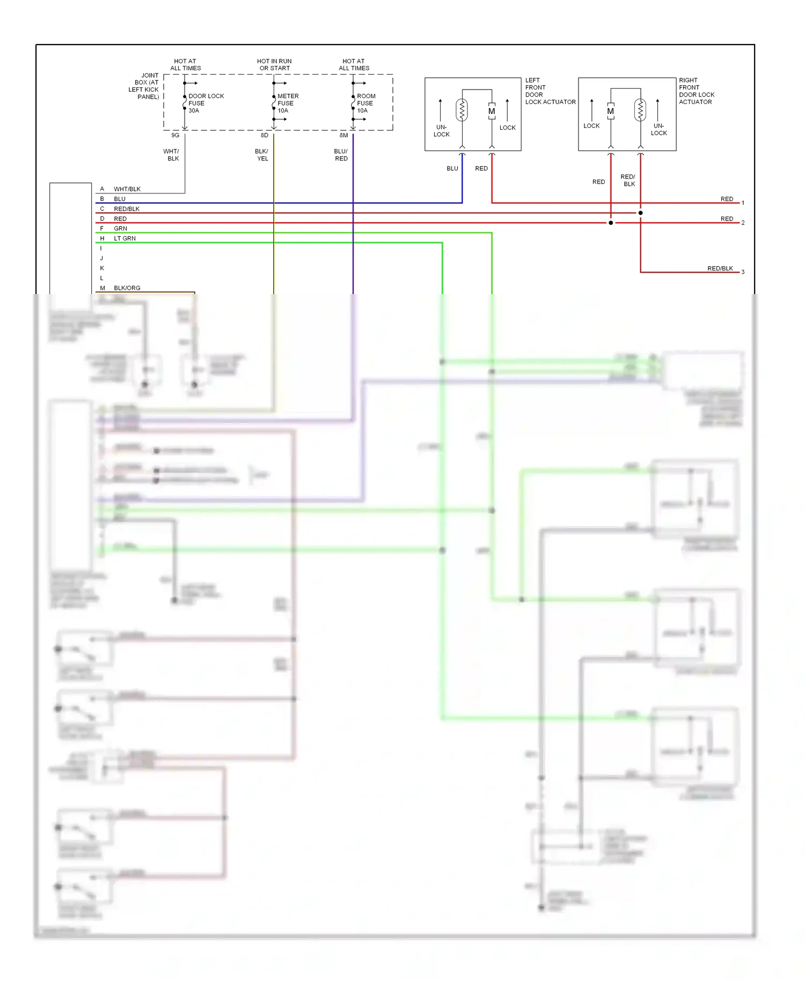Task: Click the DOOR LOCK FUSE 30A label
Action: click(206, 103)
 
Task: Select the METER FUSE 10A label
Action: click(288, 103)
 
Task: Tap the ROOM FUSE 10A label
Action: click(366, 103)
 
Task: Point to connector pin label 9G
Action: click(175, 135)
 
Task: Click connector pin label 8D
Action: click(265, 135)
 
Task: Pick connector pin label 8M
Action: click(343, 135)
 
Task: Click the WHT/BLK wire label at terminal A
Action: click(127, 189)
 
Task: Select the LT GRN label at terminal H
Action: click(125, 238)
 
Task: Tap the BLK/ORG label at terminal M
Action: click(127, 288)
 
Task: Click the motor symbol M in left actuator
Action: click(492, 112)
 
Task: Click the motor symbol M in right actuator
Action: click(610, 112)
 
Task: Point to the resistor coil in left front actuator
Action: click(462, 110)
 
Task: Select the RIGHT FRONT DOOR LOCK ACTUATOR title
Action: click(696, 91)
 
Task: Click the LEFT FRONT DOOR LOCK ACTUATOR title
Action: click(550, 91)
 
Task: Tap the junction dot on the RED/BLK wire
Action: click(640, 213)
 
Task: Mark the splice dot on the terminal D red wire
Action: click(611, 223)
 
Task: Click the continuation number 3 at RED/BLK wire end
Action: click(743, 272)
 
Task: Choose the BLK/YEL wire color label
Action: click(262, 155)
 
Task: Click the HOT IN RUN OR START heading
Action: click(274, 64)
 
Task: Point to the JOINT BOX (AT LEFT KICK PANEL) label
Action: click(144, 86)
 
